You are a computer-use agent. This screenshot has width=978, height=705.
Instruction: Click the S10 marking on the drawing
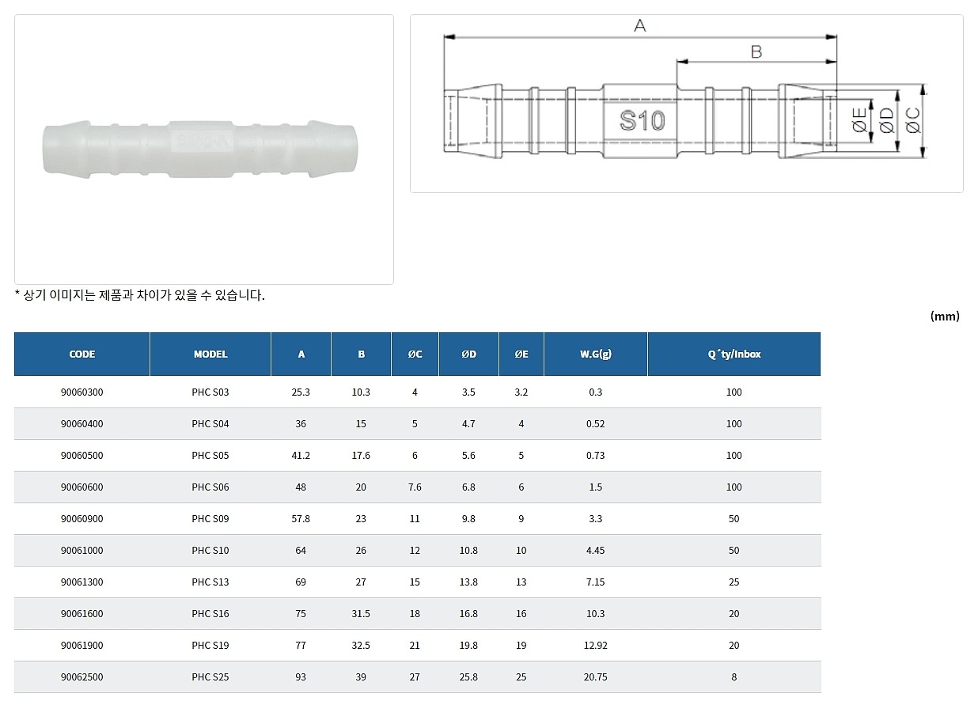tap(643, 120)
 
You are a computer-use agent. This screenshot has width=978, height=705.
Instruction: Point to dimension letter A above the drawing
tap(640, 26)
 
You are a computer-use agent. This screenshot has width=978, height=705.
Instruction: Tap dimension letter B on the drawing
tap(756, 52)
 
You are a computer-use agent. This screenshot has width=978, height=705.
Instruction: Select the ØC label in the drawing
tap(913, 120)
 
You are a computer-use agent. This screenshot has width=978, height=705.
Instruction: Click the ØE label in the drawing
tap(859, 120)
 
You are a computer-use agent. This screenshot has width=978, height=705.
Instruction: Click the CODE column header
tap(82, 354)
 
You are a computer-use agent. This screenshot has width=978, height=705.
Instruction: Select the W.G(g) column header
tap(596, 354)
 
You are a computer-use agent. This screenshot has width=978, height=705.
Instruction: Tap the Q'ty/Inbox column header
tap(734, 354)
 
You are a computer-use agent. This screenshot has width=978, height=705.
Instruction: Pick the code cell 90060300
tap(82, 392)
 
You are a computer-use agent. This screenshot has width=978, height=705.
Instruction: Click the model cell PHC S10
tap(210, 551)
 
